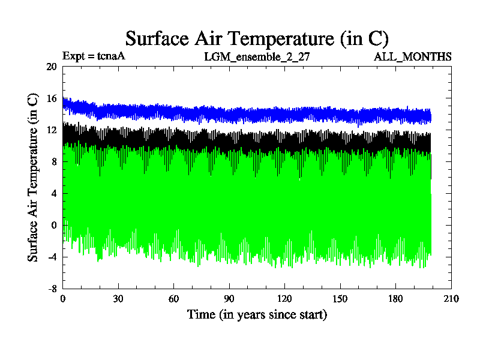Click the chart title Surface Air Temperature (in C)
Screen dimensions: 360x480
pyautogui.click(x=257, y=38)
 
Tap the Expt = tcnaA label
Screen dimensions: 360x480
pyautogui.click(x=94, y=57)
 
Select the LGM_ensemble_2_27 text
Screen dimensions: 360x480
pyautogui.click(x=257, y=57)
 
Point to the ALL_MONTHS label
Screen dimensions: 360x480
pyautogui.click(x=413, y=57)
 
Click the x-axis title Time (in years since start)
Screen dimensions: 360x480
pyautogui.click(x=257, y=314)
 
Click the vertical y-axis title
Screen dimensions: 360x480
pyautogui.click(x=34, y=177)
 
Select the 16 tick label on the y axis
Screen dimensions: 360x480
pyautogui.click(x=51, y=98)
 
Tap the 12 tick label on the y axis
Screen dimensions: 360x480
pyautogui.click(x=51, y=130)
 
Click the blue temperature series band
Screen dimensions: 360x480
pyautogui.click(x=240, y=113)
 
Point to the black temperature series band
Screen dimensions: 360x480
pyautogui.click(x=240, y=139)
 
